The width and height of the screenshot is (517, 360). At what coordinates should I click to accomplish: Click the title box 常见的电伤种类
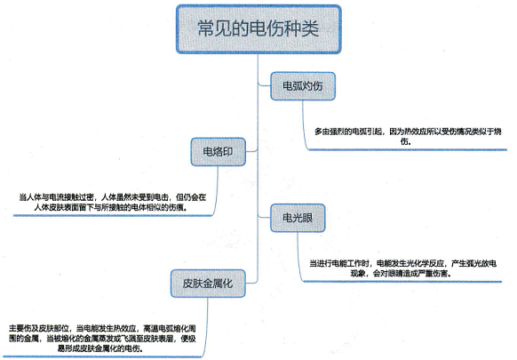coord(258,29)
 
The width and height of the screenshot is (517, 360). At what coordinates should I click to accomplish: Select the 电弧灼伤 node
coord(303,86)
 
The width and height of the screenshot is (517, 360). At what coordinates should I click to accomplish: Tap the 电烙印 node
coord(218,152)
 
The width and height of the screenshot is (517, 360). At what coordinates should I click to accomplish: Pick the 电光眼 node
coord(298,218)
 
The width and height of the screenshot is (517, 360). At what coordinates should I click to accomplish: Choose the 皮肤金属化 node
coord(208,284)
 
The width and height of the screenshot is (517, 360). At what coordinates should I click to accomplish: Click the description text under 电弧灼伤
coord(408,137)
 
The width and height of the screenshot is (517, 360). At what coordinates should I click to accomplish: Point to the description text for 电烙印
coord(113,203)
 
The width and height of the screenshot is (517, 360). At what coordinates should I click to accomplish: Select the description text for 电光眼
coord(402,268)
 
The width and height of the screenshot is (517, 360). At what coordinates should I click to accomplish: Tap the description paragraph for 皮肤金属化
coord(102,339)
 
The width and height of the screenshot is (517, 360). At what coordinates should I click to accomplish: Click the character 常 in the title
coord(206,28)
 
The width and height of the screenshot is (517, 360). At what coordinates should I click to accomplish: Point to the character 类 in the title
coord(310,28)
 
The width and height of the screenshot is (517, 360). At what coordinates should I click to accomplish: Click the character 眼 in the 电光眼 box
coord(307,218)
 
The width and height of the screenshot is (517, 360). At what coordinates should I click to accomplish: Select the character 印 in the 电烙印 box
coord(227,152)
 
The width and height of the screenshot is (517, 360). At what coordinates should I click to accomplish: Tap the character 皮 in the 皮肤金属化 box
coord(188,284)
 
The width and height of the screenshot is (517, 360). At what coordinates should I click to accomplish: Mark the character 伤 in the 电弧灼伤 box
coord(317,86)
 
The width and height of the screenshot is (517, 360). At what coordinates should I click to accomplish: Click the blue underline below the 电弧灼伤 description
coord(408,150)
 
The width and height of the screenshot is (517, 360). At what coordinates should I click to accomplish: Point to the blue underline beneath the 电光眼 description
coord(402,282)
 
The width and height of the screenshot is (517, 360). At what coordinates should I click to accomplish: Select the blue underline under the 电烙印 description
coord(113,215)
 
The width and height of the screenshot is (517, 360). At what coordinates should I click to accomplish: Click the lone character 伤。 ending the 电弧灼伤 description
coord(406,141)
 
